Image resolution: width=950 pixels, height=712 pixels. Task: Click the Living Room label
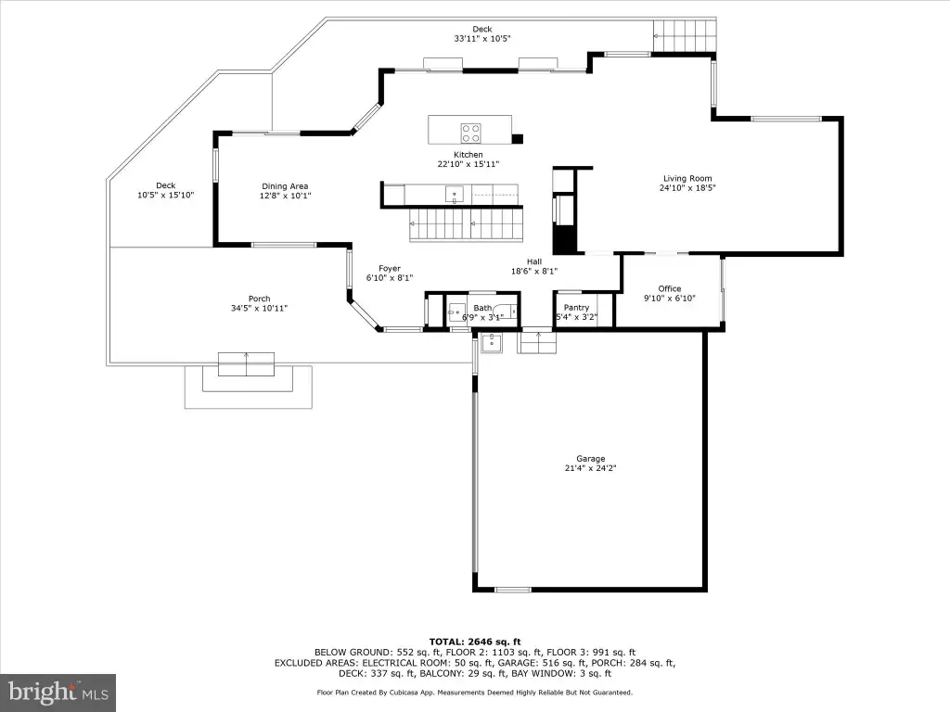[x=687, y=179]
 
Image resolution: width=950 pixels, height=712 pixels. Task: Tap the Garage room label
[x=590, y=459]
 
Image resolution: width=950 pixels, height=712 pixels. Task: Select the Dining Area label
[x=285, y=186]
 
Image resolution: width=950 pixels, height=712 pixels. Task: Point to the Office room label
[x=670, y=289]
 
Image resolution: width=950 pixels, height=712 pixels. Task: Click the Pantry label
[x=576, y=308]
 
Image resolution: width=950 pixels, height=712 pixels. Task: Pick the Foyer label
[x=390, y=268]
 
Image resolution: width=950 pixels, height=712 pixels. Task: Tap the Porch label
[x=260, y=299]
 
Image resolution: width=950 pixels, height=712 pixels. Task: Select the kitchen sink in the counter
[x=455, y=195]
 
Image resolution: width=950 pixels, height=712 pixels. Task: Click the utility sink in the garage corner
[x=492, y=343]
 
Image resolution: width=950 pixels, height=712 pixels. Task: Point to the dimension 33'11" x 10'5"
[x=482, y=39]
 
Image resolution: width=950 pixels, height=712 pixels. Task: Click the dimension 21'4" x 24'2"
[x=590, y=468]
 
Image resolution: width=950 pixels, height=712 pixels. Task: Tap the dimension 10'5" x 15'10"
[x=165, y=195]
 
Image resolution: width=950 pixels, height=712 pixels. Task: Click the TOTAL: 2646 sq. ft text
[x=475, y=642]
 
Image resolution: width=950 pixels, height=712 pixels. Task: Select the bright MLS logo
[x=58, y=692]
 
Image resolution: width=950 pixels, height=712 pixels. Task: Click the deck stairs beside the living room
[x=685, y=36]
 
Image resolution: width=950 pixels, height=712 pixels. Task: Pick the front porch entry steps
[x=246, y=363]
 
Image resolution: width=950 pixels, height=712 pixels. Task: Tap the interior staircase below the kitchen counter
[x=466, y=224]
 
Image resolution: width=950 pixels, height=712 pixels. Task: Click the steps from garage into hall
[x=536, y=342]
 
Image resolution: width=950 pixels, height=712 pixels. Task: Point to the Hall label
[x=533, y=262]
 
